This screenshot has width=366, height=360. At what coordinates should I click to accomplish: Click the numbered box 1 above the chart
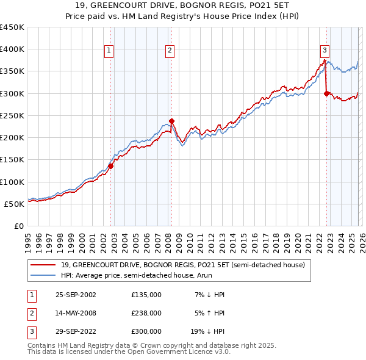point(108,51)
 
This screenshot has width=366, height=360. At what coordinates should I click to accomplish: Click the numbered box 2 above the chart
point(169,51)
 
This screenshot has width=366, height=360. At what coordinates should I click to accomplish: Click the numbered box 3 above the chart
point(325,51)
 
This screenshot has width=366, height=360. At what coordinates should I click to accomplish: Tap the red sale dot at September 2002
point(111,166)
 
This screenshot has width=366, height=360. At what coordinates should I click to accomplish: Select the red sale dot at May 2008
point(172,121)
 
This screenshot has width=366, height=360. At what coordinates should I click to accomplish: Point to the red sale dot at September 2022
point(326,93)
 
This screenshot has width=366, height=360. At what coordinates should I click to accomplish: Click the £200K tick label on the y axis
point(12,138)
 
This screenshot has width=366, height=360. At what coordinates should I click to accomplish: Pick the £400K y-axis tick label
point(12,49)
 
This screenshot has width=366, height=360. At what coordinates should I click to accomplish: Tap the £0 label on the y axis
point(20,226)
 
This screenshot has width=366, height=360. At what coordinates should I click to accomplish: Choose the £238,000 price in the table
point(146,313)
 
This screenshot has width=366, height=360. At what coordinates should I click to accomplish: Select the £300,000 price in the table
point(146,333)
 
